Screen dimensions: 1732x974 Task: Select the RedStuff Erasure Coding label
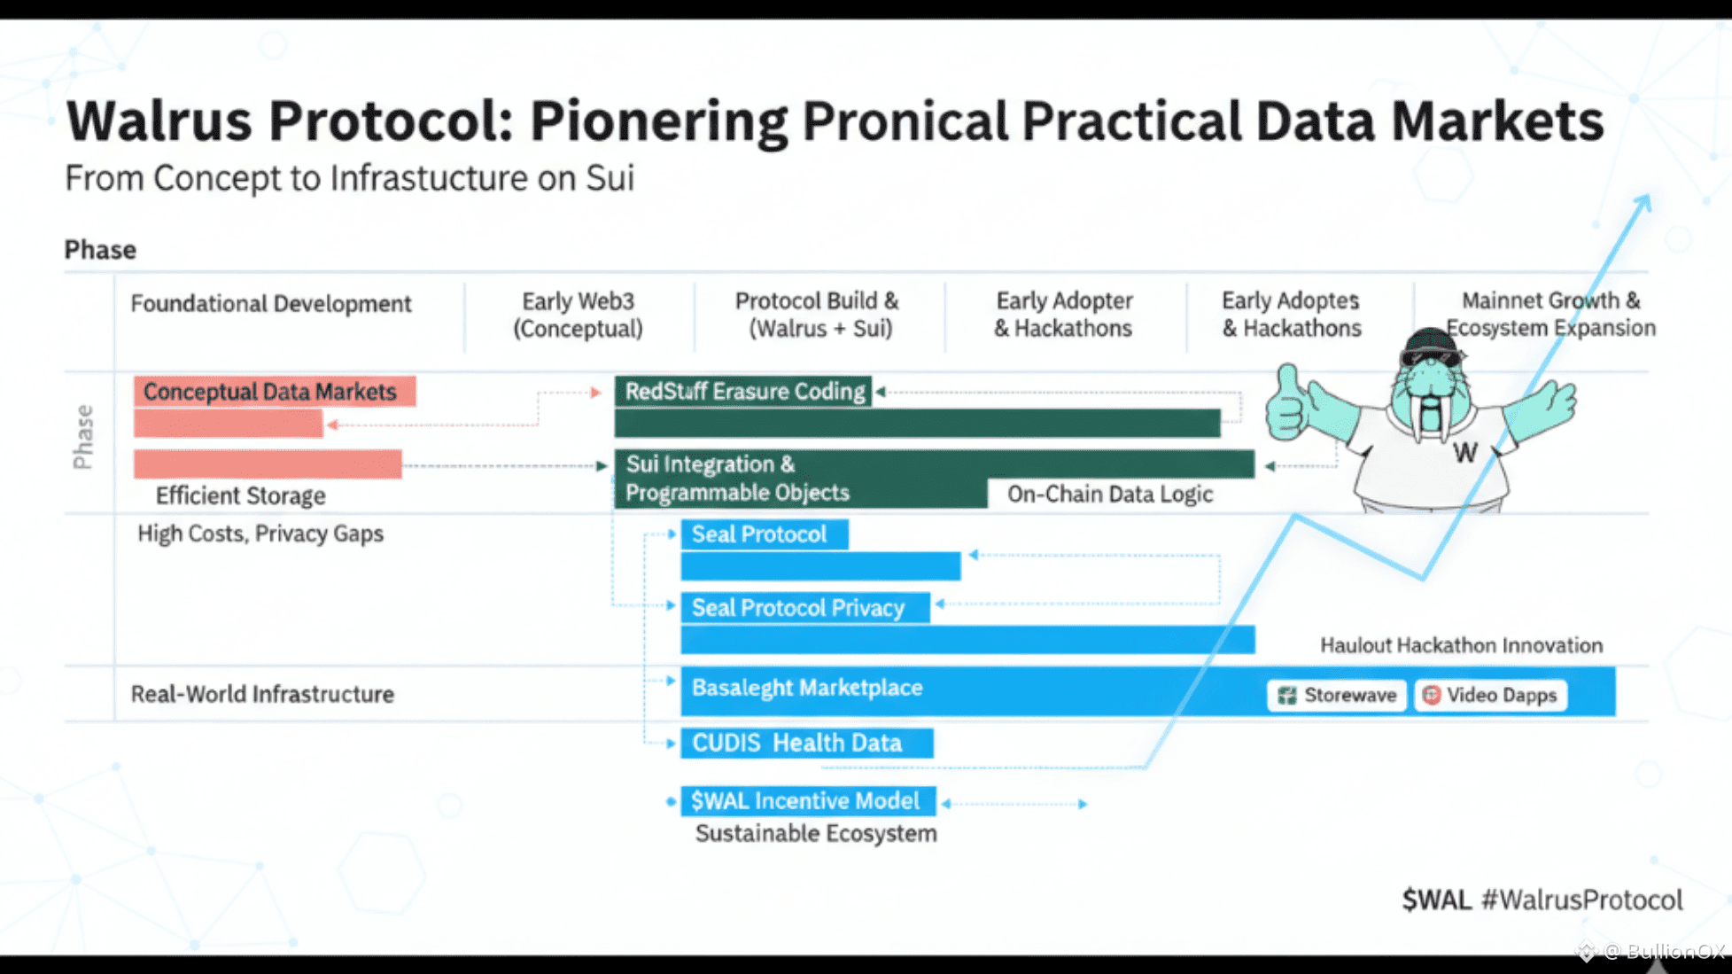pyautogui.click(x=744, y=391)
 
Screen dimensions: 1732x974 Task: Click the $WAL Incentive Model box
pyautogui.click(x=807, y=801)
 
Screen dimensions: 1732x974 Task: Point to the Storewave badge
pyautogui.click(x=1337, y=695)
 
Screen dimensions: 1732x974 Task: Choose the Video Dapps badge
pyautogui.click(x=1491, y=695)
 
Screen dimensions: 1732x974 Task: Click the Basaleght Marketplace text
pyautogui.click(x=807, y=688)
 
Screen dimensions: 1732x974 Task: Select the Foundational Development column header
pyautogui.click(x=271, y=304)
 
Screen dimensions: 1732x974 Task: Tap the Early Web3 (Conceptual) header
pyautogui.click(x=578, y=315)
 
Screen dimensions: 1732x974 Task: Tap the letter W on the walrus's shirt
pyautogui.click(x=1464, y=453)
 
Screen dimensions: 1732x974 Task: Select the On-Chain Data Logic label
pyautogui.click(x=1109, y=494)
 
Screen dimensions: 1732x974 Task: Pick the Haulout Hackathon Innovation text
pyautogui.click(x=1461, y=645)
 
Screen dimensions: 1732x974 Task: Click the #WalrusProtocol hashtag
pyautogui.click(x=1581, y=900)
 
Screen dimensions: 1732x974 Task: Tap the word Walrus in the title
pyautogui.click(x=159, y=121)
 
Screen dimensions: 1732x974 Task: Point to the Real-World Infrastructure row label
pyautogui.click(x=262, y=694)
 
